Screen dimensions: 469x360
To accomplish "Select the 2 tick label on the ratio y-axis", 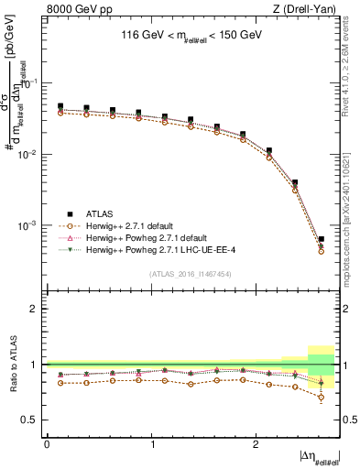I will [x=35, y=309].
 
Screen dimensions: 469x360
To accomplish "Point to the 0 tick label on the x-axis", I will [x=47, y=444].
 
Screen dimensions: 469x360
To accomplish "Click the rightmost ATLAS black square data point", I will [x=321, y=240].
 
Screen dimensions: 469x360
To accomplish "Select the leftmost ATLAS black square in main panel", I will [x=60, y=106].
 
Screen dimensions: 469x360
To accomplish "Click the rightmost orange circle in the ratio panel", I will [x=321, y=398].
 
